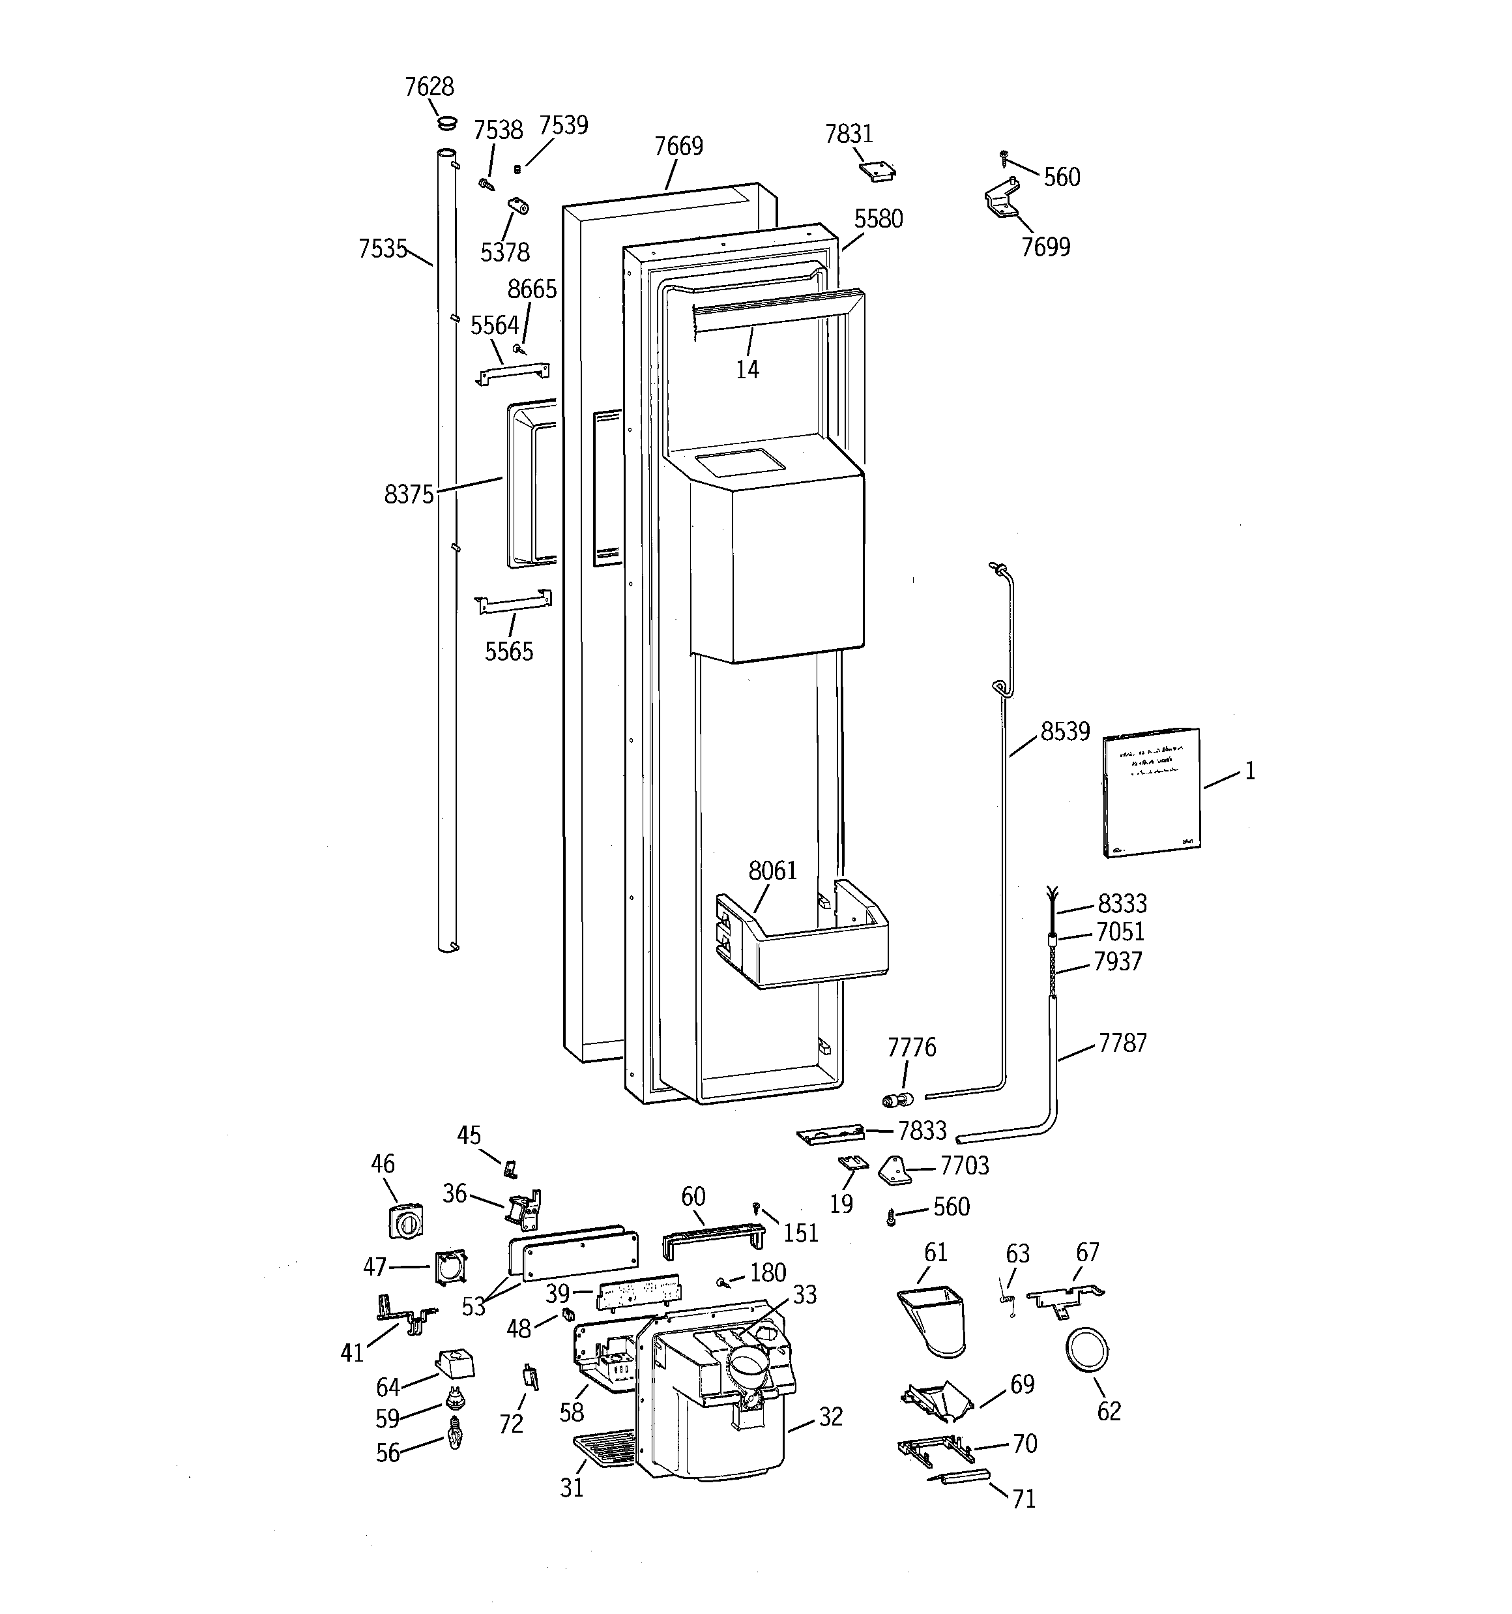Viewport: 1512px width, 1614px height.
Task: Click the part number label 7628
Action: (x=429, y=87)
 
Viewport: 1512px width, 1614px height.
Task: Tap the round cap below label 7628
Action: (x=446, y=123)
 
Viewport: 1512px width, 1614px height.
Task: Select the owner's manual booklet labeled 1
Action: (x=1151, y=792)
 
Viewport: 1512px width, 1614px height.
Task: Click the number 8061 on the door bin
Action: (x=773, y=871)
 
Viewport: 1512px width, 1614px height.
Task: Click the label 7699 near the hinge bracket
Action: (x=1045, y=247)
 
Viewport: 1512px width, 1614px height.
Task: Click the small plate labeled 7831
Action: (x=877, y=170)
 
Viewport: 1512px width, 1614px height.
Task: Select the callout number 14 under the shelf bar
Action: (x=747, y=370)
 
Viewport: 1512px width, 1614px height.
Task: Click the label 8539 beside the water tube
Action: (x=1065, y=732)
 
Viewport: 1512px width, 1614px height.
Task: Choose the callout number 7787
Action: (x=1122, y=1043)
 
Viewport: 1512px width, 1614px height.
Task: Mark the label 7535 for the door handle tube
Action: (x=383, y=249)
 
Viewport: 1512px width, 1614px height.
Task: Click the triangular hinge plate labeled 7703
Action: (x=896, y=1170)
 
